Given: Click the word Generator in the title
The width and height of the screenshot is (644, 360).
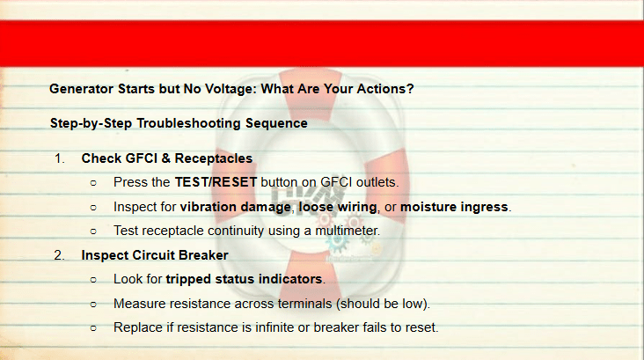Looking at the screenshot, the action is coord(81,89).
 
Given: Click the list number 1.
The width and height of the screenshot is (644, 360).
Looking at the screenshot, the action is coord(60,158).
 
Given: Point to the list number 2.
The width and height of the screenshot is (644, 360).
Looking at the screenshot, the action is coord(60,255).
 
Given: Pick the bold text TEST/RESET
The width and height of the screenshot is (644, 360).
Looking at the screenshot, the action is coord(216,182).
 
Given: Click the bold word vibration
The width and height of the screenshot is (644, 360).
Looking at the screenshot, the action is coord(209,206).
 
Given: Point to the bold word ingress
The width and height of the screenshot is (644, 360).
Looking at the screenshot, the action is coord(483,208).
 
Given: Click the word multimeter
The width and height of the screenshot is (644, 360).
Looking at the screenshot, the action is coord(347,231).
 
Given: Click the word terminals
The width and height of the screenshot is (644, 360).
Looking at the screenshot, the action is coord(304,304).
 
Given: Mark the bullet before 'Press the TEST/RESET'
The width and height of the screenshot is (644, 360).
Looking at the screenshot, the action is coord(93,183).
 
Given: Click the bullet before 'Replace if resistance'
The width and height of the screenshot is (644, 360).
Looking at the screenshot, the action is coord(93,328).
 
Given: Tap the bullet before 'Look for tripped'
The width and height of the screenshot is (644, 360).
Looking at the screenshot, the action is coord(93,280).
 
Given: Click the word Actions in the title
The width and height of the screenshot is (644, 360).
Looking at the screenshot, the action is coord(384,89).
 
